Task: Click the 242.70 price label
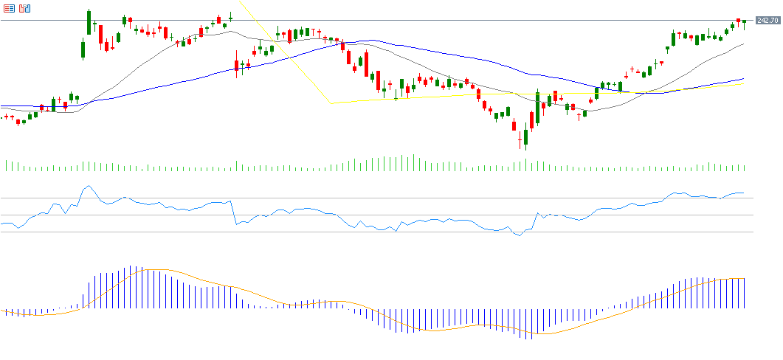click(768, 21)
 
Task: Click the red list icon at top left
click(9, 9)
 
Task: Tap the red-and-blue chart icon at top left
click(25, 9)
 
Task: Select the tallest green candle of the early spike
click(89, 22)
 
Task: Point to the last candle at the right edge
click(745, 24)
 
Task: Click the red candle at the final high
click(738, 22)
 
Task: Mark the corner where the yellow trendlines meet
click(331, 103)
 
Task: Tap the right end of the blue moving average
click(743, 78)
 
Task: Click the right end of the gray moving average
click(743, 44)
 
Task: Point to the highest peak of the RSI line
click(88, 186)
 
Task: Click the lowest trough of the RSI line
click(520, 235)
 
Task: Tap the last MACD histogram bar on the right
click(745, 293)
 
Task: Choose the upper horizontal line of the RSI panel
click(369, 198)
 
